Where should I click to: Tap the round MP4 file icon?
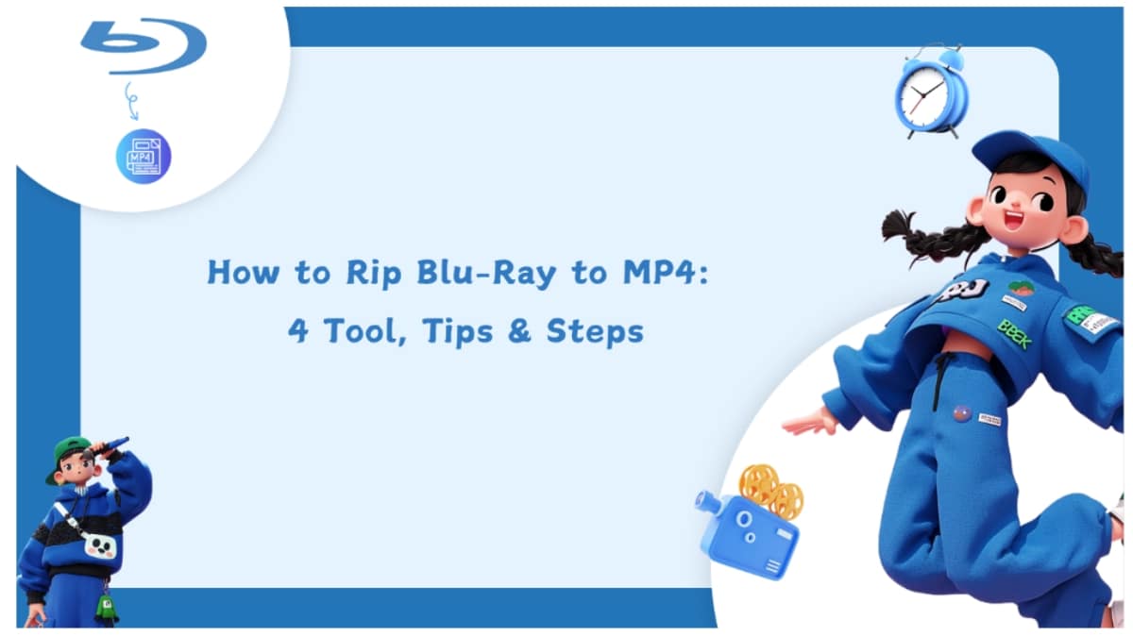point(144,157)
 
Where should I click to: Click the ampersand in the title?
point(524,331)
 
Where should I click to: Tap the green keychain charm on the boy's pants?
point(106,608)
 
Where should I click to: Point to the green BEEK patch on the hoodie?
point(1012,333)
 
